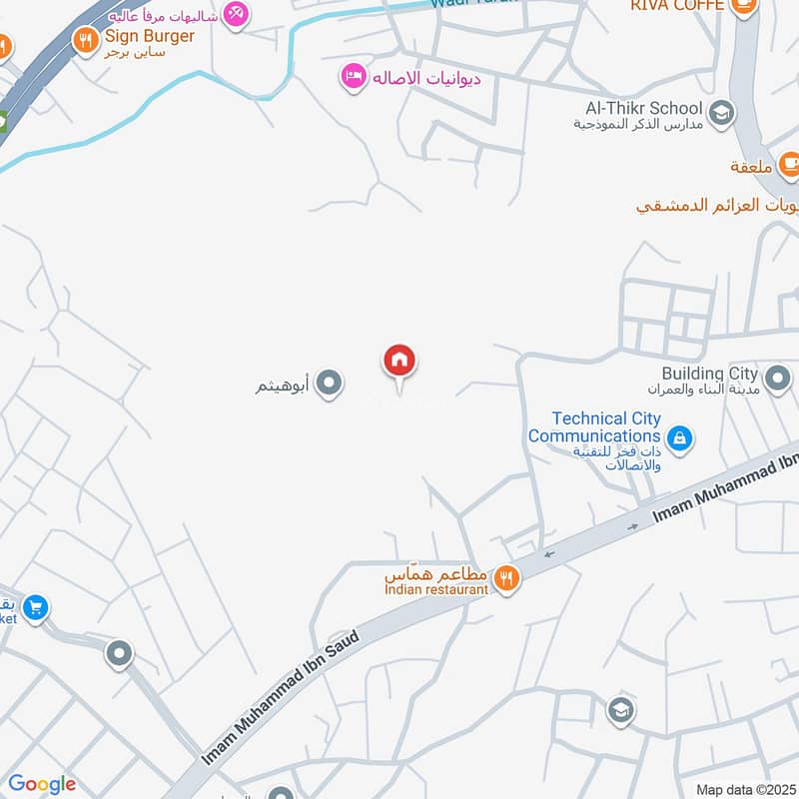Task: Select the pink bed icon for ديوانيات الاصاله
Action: [x=353, y=78]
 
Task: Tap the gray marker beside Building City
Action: [x=778, y=380]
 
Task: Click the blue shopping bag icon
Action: [x=679, y=437]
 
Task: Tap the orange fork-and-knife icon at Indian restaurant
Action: [x=506, y=578]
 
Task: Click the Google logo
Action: [x=42, y=784]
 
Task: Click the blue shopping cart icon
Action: [x=35, y=607]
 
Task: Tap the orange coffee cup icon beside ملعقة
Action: [x=789, y=162]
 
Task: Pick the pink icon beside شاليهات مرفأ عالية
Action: [x=236, y=13]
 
